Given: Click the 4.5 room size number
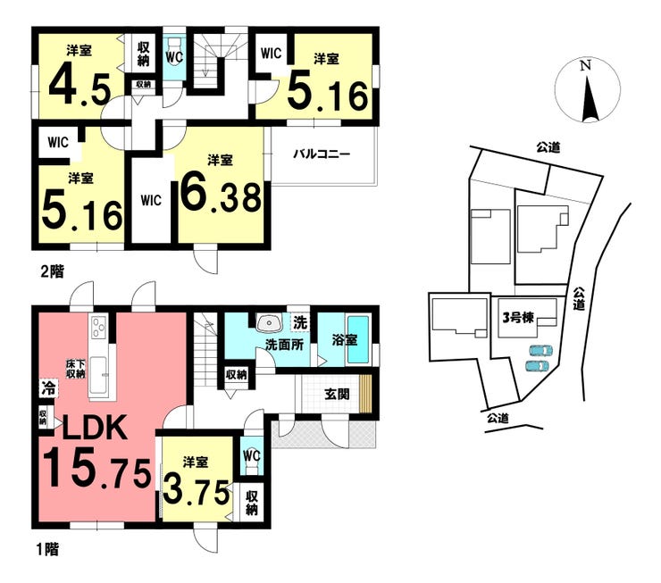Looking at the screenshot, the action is pos(79,88).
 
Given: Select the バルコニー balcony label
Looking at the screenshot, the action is pos(322,154).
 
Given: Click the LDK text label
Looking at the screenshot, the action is pos(96,427).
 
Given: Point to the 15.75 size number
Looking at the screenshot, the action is pos(97,468).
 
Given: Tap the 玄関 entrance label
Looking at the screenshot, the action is pos(337,395).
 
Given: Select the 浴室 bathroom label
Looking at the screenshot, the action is pos(345,339).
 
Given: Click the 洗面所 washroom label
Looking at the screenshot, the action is pos(285,345).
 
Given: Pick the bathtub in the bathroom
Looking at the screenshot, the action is pos(358,340).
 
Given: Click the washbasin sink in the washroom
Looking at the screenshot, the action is pos(269,323).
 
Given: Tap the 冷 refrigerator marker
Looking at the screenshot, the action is pos(49,387).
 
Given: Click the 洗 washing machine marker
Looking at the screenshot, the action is pos(300,322).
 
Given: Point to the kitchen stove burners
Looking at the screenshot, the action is pos(98,326).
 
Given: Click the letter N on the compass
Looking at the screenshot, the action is pos(585,65).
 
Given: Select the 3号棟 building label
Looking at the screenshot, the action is pos(518,318).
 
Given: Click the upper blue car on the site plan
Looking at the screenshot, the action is pos(540,351).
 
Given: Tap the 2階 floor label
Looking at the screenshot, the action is pos(53,271).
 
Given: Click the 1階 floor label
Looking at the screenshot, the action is pos(46,549).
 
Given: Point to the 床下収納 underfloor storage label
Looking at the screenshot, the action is pos(76,368).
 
